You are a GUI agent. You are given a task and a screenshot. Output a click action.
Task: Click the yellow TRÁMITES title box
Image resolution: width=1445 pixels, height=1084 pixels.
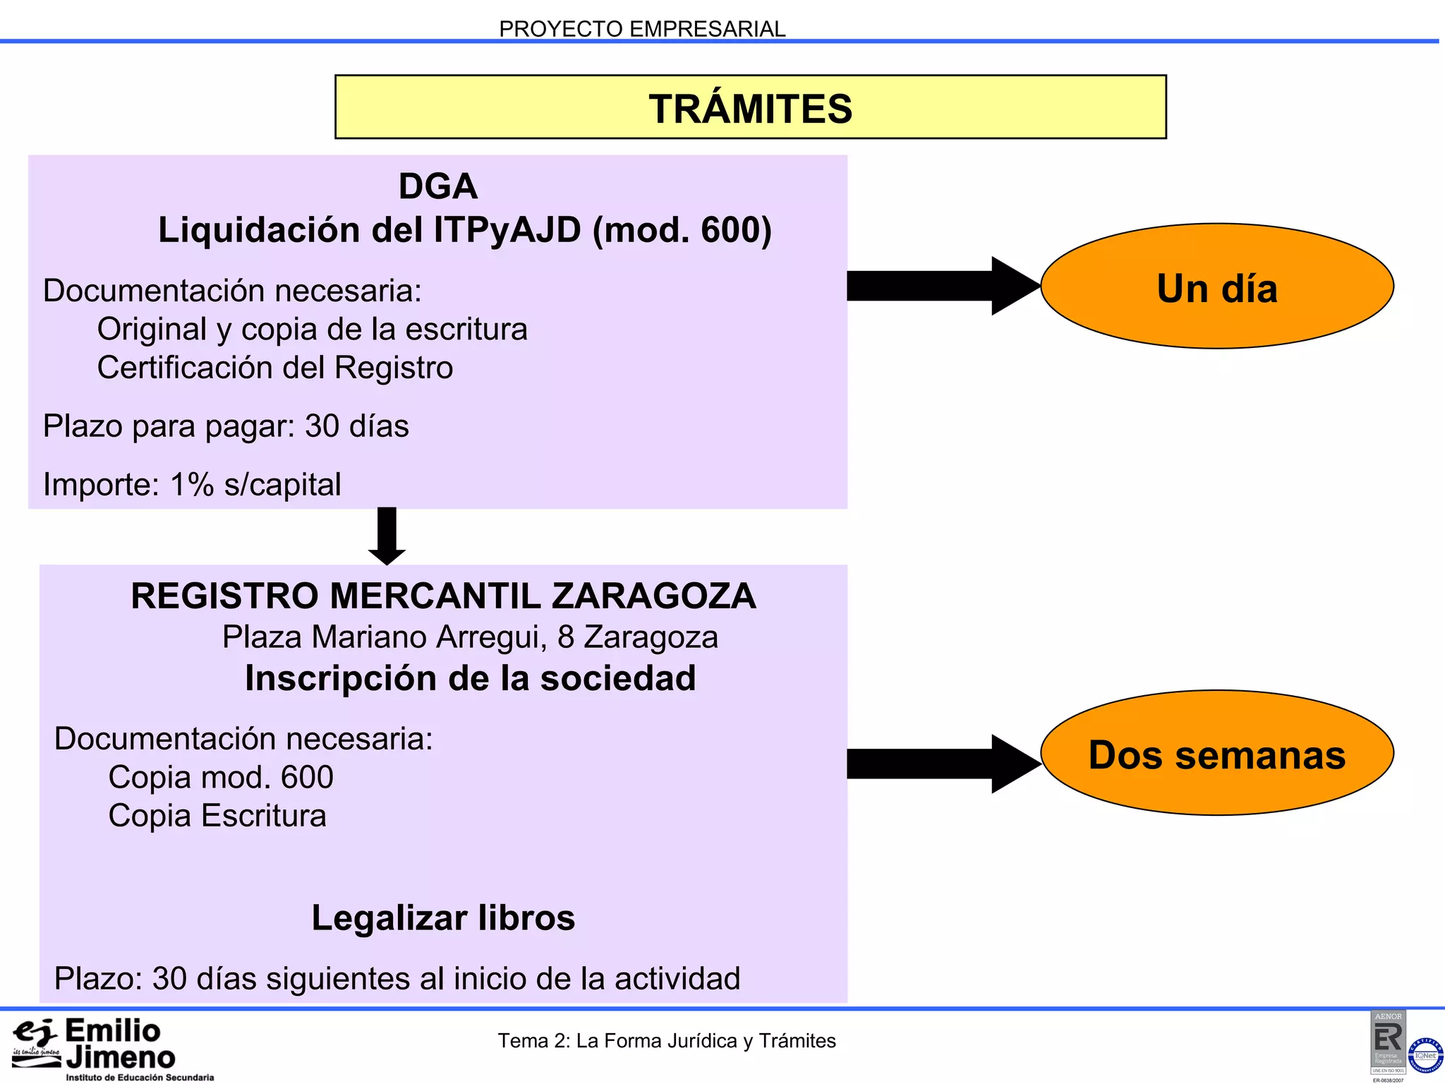coord(750,107)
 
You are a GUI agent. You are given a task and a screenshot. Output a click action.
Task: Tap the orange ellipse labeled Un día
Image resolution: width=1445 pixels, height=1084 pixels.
coord(1216,287)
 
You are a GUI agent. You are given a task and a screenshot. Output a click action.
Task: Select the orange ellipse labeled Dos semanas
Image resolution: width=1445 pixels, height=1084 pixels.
coord(1216,754)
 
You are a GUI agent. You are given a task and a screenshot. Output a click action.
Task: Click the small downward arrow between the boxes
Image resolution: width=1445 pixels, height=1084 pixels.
coord(387,534)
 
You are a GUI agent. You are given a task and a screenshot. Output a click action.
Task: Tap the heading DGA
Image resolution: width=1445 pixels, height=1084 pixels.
coord(437,187)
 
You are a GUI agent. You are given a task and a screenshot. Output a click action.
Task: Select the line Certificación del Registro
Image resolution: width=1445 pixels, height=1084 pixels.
coord(274,368)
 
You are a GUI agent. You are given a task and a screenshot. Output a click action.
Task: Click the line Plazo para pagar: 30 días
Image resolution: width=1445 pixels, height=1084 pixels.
coord(226,426)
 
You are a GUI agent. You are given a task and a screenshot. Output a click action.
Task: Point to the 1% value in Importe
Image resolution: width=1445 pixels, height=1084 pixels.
coord(191,485)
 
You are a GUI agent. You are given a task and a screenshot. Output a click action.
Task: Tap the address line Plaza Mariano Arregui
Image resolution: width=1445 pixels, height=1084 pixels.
coord(470,637)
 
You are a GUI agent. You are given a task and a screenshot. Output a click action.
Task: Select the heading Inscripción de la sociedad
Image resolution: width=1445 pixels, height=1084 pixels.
coord(470,679)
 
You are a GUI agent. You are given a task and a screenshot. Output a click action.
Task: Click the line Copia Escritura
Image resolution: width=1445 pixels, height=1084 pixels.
coord(217,816)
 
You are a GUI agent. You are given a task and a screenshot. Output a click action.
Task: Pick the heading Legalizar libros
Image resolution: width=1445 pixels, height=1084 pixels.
coord(443,918)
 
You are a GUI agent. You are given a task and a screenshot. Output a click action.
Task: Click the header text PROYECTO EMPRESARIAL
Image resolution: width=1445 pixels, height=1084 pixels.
coord(642,29)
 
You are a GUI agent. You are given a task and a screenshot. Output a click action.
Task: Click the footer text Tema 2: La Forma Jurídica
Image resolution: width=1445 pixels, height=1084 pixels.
coord(666,1041)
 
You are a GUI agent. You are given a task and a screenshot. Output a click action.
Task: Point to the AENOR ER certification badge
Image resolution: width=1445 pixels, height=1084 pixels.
coord(1388,1043)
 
